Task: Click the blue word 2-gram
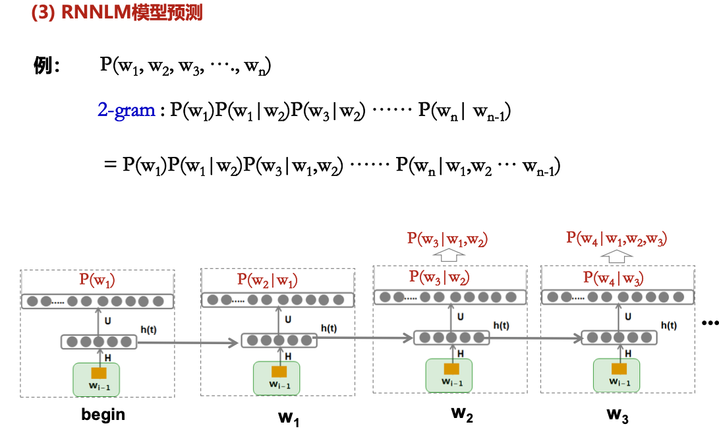(126, 110)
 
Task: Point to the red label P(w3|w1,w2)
(447, 239)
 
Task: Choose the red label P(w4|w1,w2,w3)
(617, 238)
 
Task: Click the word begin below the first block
(103, 415)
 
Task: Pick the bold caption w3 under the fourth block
(617, 415)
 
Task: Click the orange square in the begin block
(99, 372)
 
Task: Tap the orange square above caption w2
(451, 369)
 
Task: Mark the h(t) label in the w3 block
(668, 325)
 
